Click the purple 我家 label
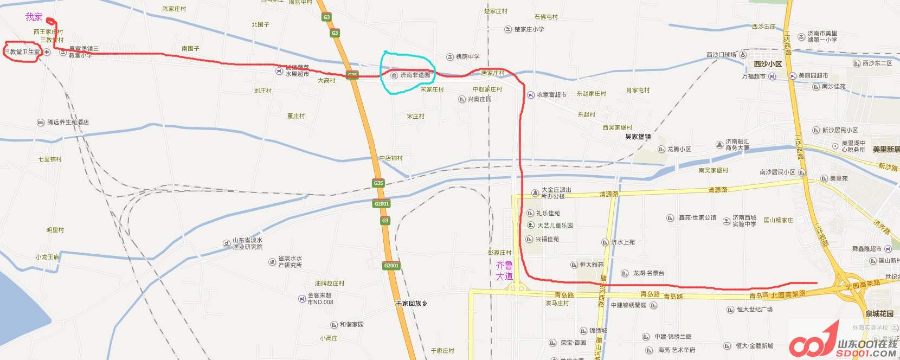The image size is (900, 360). point(34,17)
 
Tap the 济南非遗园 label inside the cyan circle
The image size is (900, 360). point(415,75)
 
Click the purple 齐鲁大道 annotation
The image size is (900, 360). point(504,270)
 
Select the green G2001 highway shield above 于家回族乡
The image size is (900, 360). point(391,266)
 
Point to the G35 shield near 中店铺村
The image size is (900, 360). point(378,183)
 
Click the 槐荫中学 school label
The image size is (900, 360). point(467,57)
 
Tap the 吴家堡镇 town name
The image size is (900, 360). point(638,137)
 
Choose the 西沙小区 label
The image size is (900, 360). point(768,64)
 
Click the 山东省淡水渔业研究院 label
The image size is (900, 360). point(247,243)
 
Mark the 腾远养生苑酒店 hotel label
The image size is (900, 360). point(68,123)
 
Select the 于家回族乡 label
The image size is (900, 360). point(412,304)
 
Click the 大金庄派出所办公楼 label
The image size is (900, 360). point(556,193)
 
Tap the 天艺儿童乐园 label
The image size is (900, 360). point(555,225)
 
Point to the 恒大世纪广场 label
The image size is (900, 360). point(754,310)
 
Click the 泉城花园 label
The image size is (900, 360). point(879,314)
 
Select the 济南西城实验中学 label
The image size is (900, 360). point(744,221)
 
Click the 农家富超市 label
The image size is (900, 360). point(551,95)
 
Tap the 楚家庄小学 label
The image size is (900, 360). point(529,29)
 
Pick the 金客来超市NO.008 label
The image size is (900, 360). point(320,299)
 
